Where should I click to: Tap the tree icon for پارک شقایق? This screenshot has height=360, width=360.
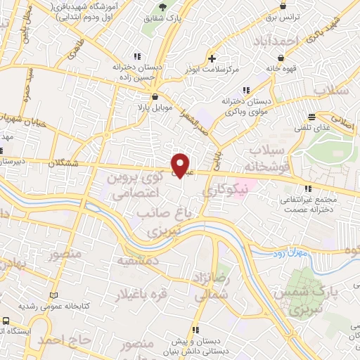pos(164,6)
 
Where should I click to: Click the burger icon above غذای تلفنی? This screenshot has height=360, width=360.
pos(311,115)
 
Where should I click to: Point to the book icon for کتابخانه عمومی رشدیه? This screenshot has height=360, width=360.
pos(54,297)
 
